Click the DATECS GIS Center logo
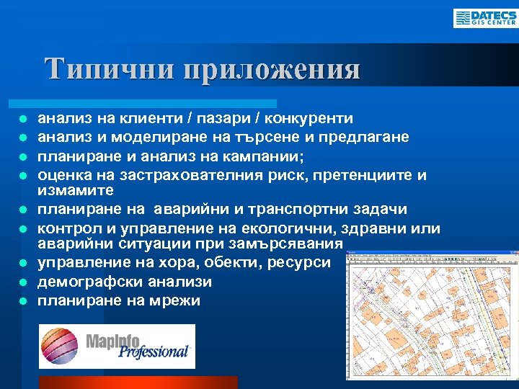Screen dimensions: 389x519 click(484, 18)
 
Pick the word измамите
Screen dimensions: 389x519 click(76, 191)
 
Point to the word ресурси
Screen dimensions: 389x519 click(300, 263)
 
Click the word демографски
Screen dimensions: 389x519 click(85, 282)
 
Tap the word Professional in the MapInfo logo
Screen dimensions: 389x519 click(153, 352)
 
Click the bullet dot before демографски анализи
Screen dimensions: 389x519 click(23, 282)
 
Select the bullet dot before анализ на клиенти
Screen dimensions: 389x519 click(23, 118)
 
